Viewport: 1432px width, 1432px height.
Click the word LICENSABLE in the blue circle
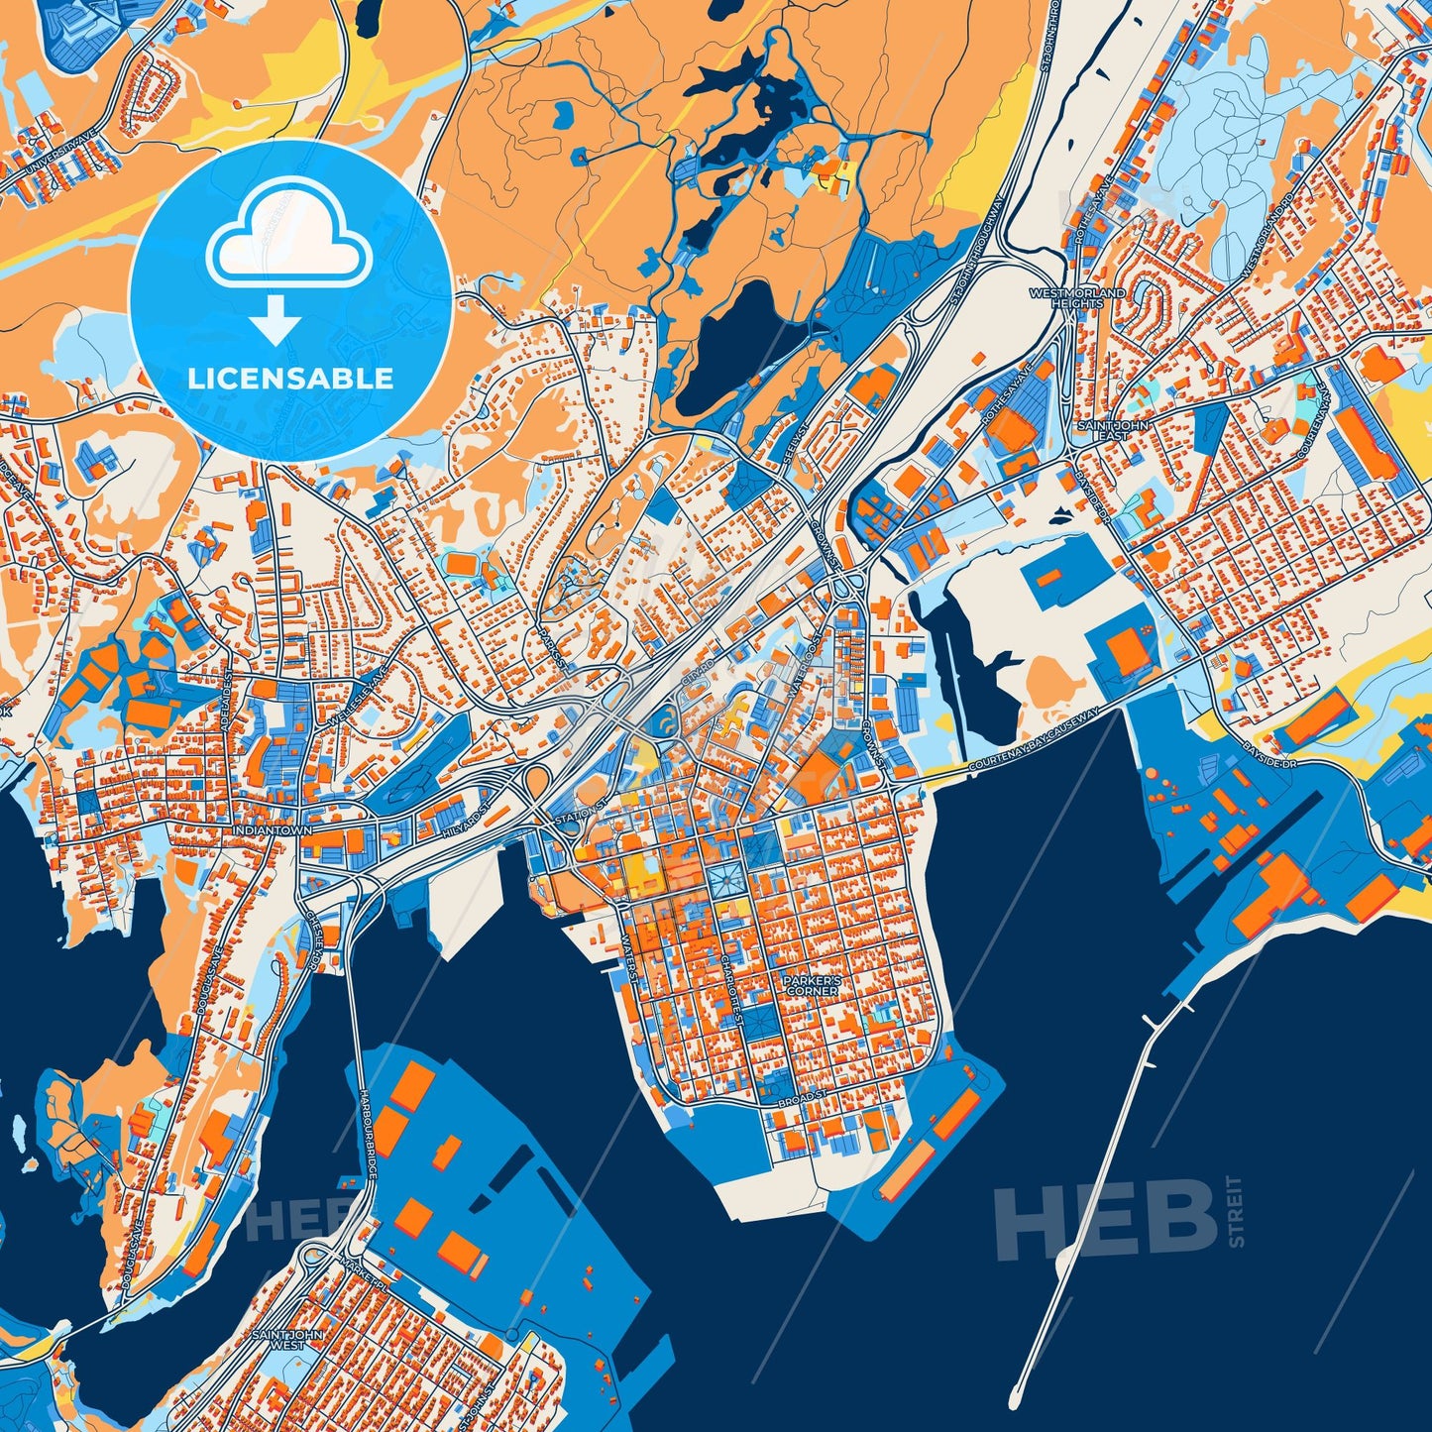290,379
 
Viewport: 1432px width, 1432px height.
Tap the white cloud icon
288,239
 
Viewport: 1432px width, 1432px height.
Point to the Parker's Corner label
811,985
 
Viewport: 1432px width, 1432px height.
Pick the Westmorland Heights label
1077,298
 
